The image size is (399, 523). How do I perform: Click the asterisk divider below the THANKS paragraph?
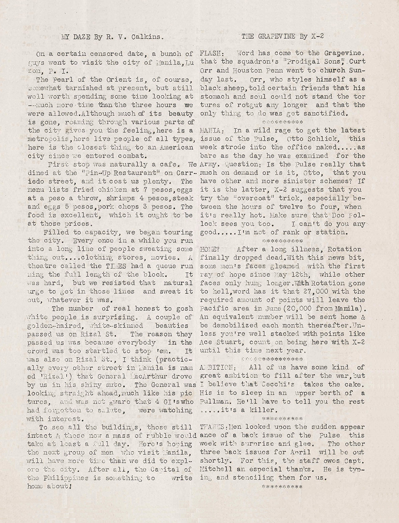coord(283,487)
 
